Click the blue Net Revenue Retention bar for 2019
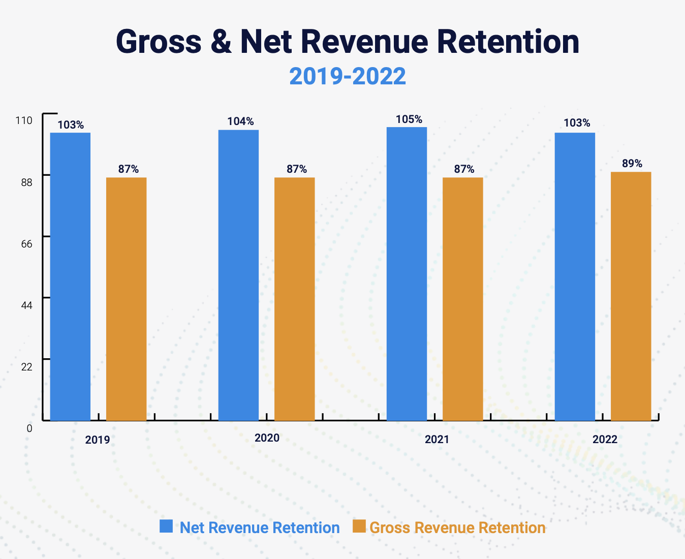click(70, 276)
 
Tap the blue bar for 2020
click(238, 275)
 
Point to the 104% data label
click(240, 121)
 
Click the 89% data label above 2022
click(632, 164)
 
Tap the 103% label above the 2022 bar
click(577, 123)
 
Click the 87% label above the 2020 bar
click(297, 169)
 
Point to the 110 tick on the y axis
click(24, 120)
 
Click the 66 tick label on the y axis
click(26, 244)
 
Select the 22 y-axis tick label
click(26, 367)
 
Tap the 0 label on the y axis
click(29, 428)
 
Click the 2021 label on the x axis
click(437, 439)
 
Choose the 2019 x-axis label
click(98, 440)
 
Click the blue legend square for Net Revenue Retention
click(166, 526)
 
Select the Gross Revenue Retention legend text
click(457, 527)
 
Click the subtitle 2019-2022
click(348, 76)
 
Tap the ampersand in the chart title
click(221, 42)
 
